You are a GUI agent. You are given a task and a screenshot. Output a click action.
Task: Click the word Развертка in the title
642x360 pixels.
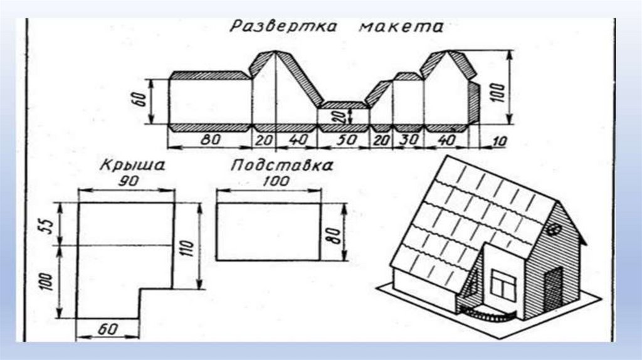pyautogui.click(x=282, y=26)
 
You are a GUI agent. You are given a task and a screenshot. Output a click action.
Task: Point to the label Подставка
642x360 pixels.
pyautogui.click(x=281, y=166)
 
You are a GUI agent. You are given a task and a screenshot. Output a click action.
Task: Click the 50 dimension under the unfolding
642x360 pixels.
pyautogui.click(x=343, y=140)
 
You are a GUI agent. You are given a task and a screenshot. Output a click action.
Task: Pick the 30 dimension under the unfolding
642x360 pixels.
pyautogui.click(x=409, y=140)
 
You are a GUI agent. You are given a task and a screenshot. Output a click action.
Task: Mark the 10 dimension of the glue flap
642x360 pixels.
pyautogui.click(x=499, y=141)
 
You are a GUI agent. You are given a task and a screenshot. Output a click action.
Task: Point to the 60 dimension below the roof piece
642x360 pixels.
pyautogui.click(x=108, y=327)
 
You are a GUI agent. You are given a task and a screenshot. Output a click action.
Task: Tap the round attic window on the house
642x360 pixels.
pyautogui.click(x=554, y=230)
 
